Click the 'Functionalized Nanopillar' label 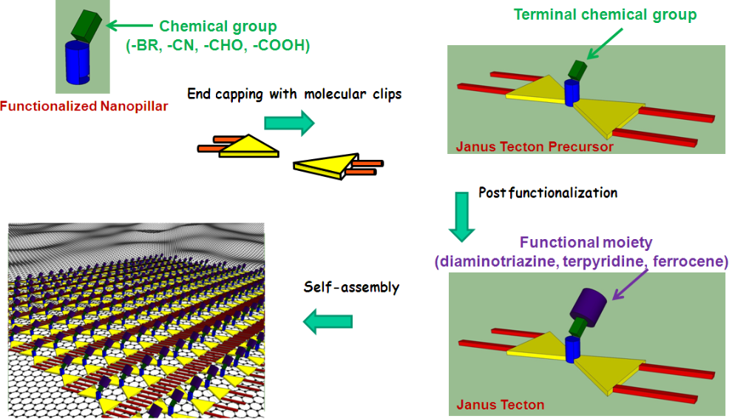click(84, 107)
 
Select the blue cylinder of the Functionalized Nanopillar click(78, 62)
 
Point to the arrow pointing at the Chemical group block click(129, 25)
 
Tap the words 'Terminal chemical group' click(605, 15)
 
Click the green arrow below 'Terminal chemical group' click(604, 44)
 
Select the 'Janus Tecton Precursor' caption click(535, 147)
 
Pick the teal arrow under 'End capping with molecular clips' click(289, 123)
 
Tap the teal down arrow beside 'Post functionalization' click(461, 216)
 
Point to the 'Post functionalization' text click(548, 192)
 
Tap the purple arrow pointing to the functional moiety click(630, 284)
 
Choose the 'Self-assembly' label click(351, 287)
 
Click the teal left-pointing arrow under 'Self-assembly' click(328, 322)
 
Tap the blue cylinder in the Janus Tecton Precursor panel click(572, 93)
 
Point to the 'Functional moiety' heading click(586, 243)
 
